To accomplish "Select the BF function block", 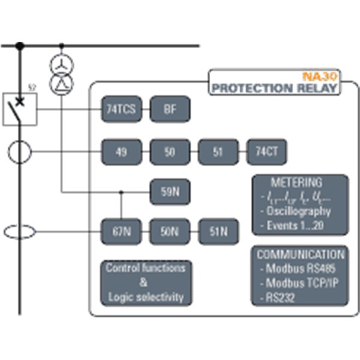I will click(x=170, y=110).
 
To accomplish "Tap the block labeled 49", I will click(x=122, y=152).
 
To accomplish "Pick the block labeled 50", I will click(x=170, y=152).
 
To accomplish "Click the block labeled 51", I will click(x=218, y=152).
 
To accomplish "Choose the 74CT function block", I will click(x=266, y=152).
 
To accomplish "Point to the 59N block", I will click(x=170, y=193).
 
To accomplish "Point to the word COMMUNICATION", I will click(x=300, y=254).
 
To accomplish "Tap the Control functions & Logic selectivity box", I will click(x=146, y=282).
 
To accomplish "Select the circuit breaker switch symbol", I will click(x=20, y=109).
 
